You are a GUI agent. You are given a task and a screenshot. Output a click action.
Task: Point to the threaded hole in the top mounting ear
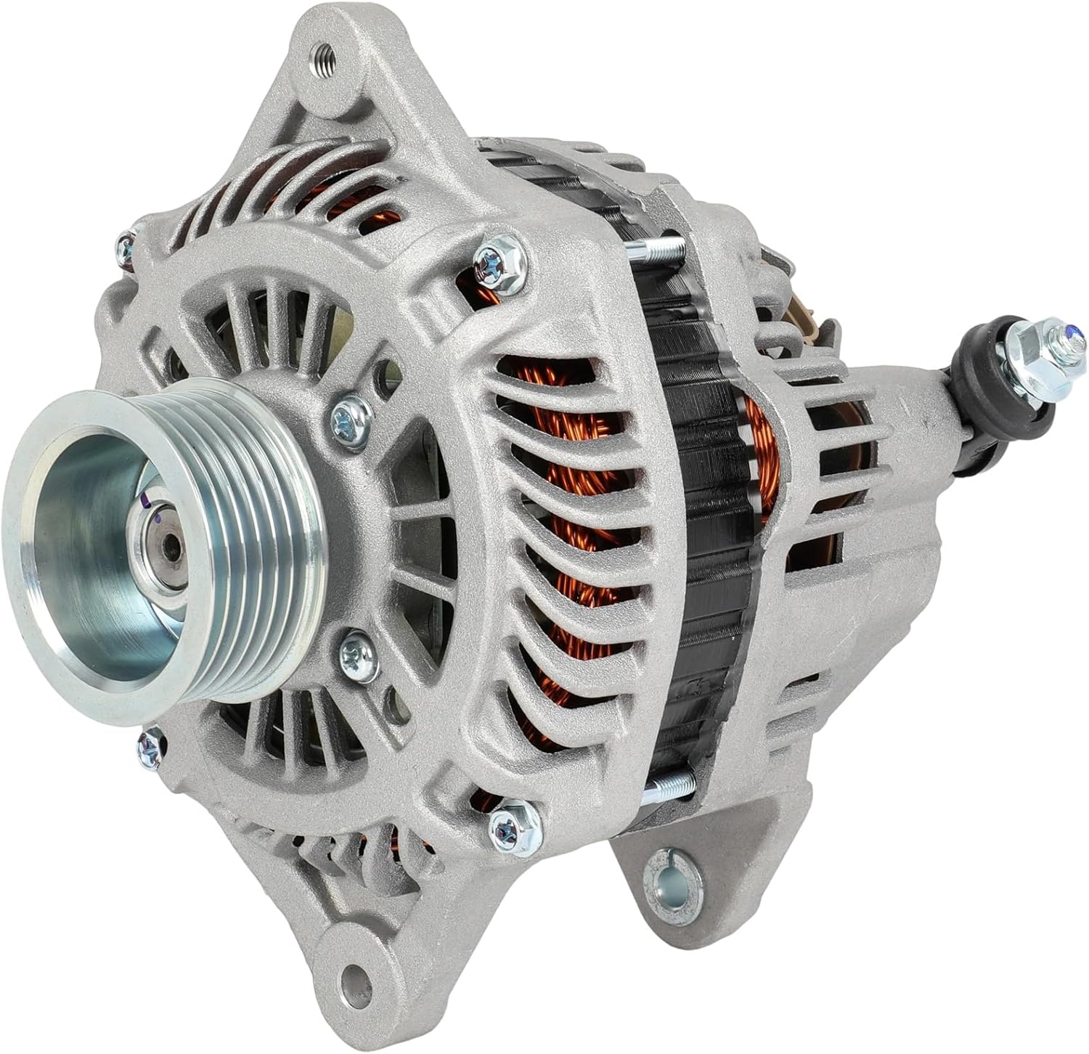pyautogui.click(x=319, y=54)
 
